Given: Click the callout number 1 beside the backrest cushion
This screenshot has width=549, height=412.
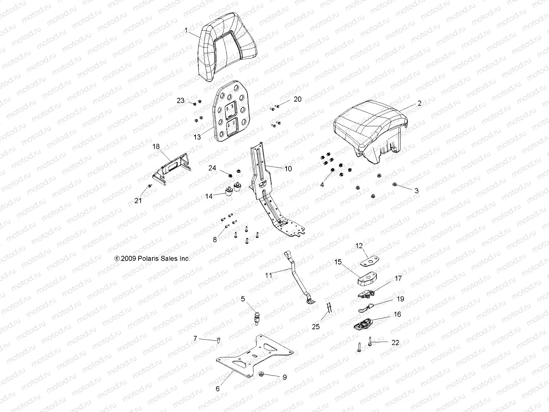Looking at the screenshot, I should point(186,31).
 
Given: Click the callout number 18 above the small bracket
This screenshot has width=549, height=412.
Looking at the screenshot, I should point(156,146).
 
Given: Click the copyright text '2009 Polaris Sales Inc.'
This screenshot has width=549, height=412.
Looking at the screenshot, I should point(153,259).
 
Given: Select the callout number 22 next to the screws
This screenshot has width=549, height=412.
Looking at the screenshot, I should point(395,342).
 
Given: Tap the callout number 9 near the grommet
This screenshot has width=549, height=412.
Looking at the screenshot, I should point(284,377).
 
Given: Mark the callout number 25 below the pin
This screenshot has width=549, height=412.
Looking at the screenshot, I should point(316,327).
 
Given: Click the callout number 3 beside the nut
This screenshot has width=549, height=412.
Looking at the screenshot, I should point(417,191).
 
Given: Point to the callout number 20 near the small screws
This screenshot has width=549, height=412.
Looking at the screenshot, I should point(297,99).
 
